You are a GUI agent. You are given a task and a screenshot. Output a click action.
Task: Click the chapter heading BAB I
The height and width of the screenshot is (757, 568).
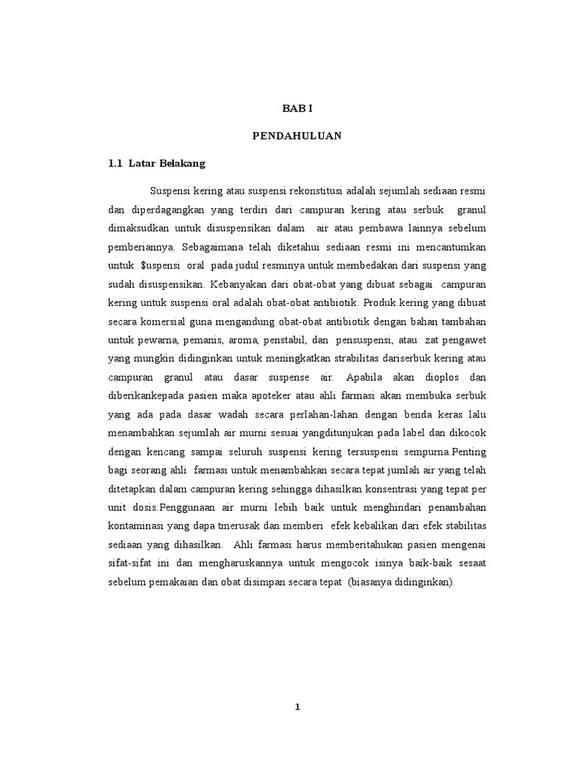297,109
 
